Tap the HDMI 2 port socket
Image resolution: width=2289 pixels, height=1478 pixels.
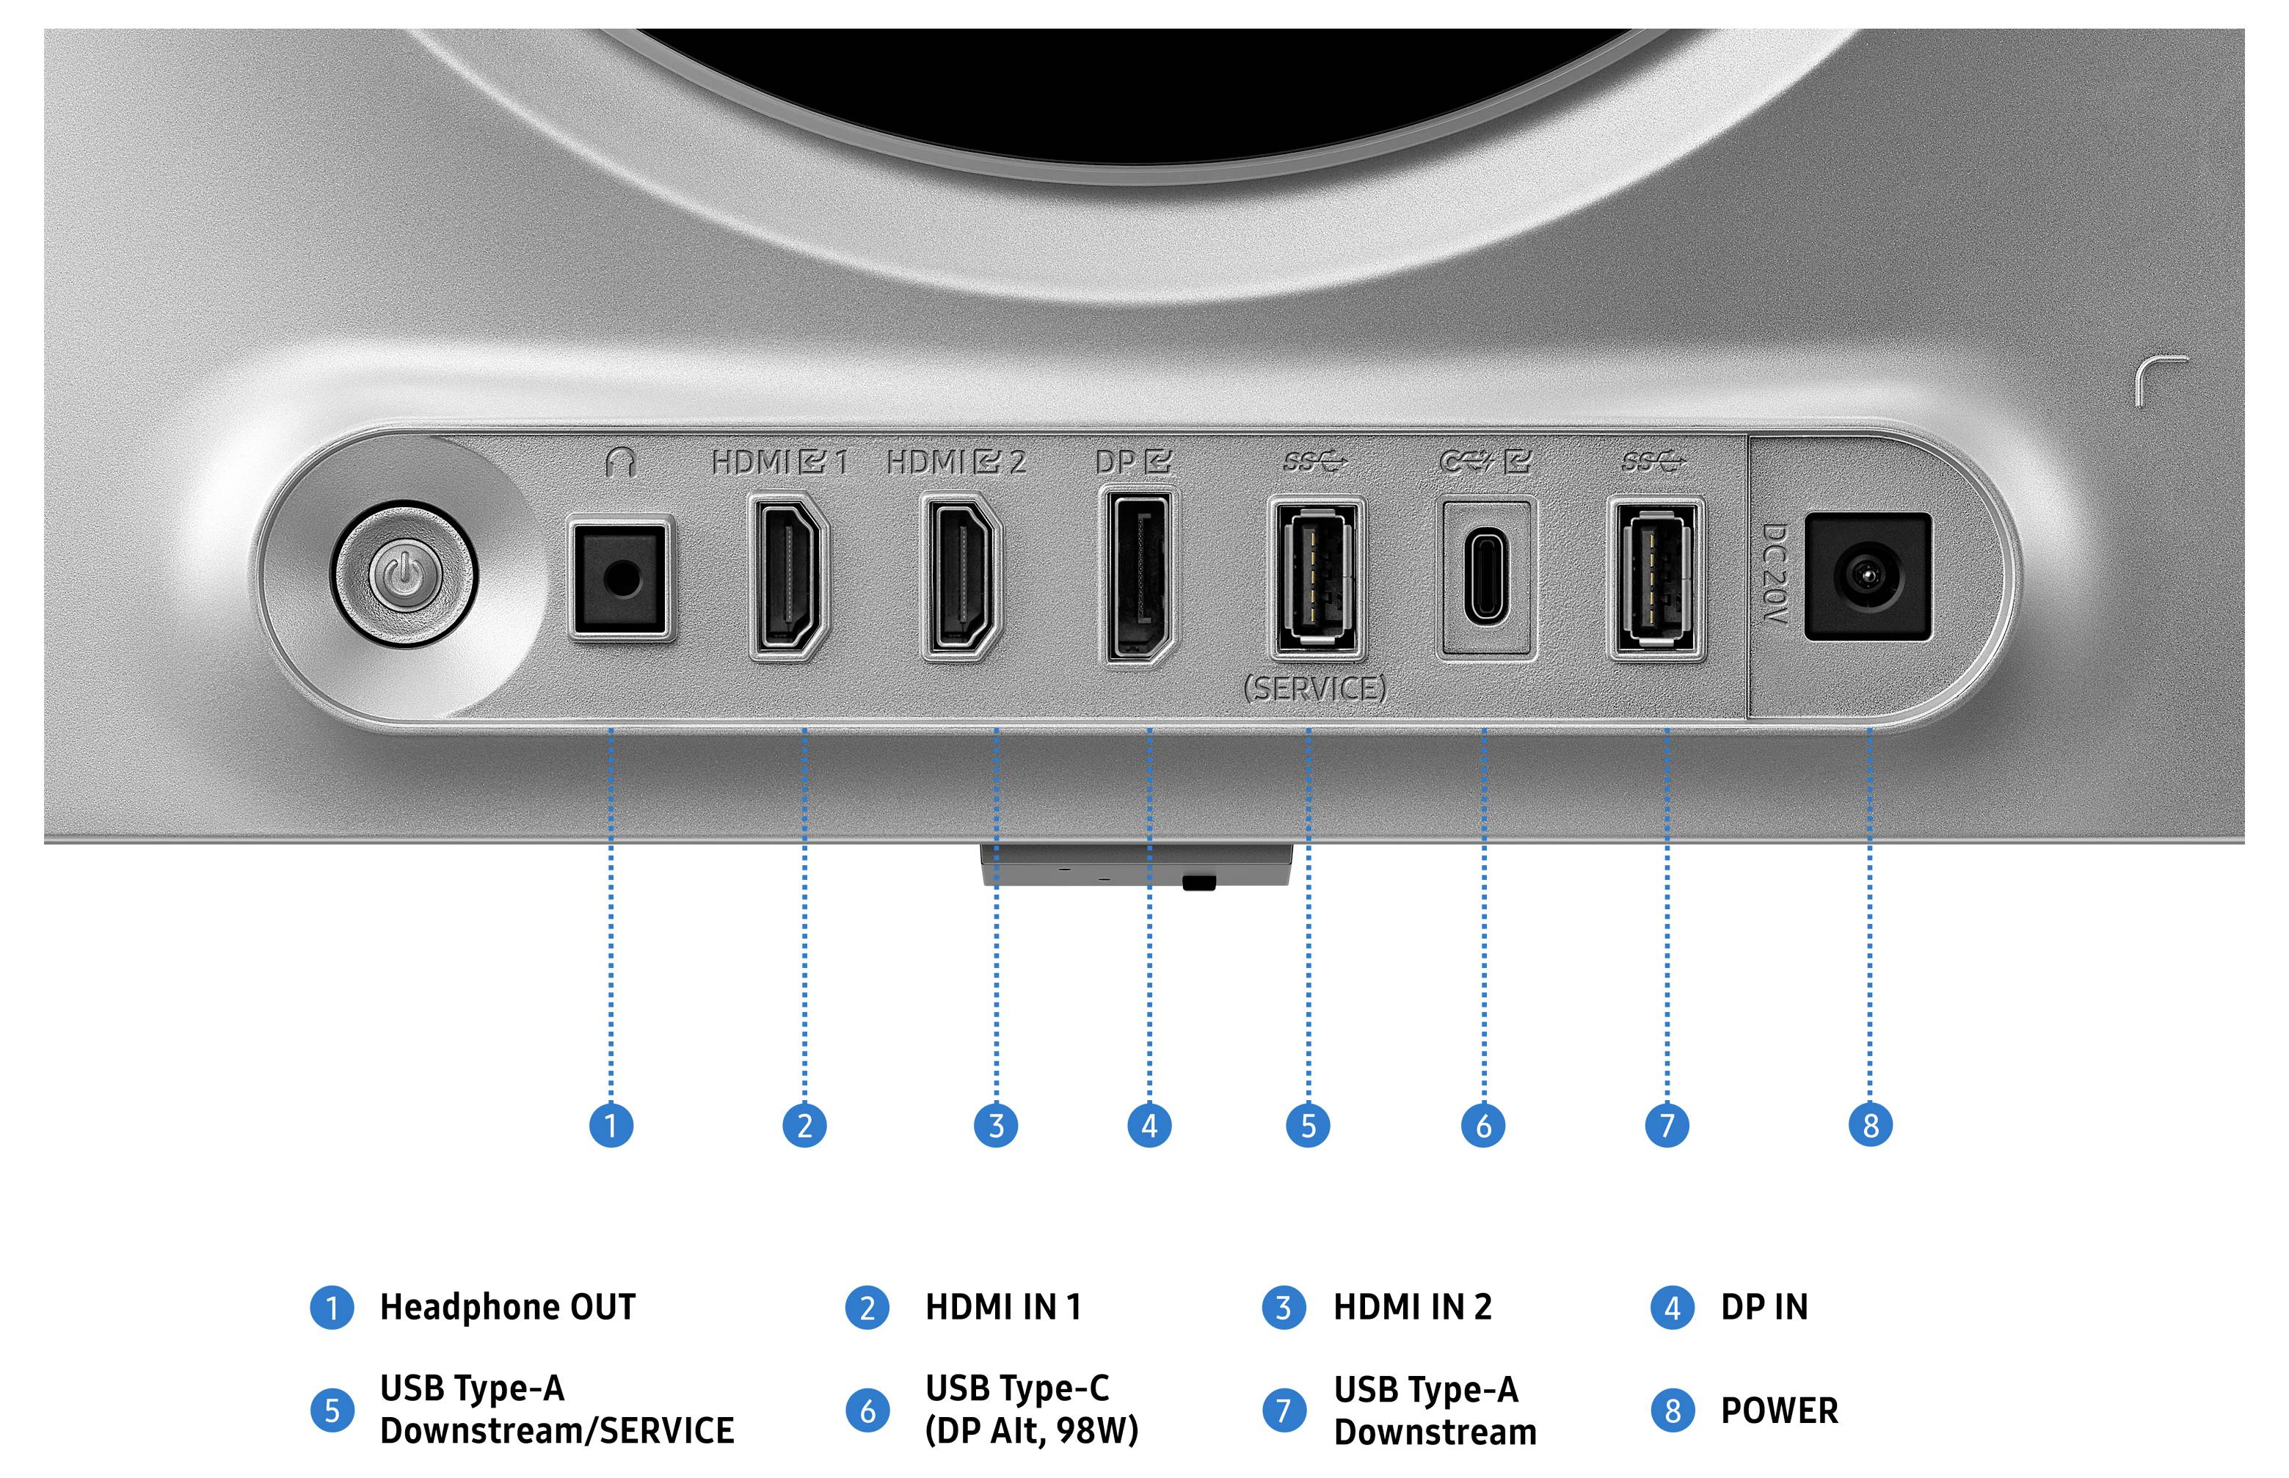tap(961, 576)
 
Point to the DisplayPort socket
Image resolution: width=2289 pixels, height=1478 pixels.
tap(1138, 576)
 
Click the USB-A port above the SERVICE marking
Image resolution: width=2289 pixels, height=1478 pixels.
tap(1316, 579)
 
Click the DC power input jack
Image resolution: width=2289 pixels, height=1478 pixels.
tap(1868, 577)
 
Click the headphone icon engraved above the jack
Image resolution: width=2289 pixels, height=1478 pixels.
tap(621, 462)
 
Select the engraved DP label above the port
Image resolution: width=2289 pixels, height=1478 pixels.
tap(1133, 462)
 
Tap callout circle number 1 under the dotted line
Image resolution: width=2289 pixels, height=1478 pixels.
tap(611, 1125)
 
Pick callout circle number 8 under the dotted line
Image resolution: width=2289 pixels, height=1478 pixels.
tap(1871, 1125)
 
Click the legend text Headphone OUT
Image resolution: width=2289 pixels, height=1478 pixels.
tap(508, 1307)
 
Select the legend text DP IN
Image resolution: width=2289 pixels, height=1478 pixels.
tap(1764, 1307)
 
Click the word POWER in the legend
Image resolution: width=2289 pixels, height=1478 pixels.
tap(1780, 1410)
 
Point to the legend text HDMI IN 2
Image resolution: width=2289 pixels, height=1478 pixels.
tap(1413, 1307)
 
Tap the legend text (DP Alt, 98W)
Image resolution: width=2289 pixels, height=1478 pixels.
tap(1032, 1431)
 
